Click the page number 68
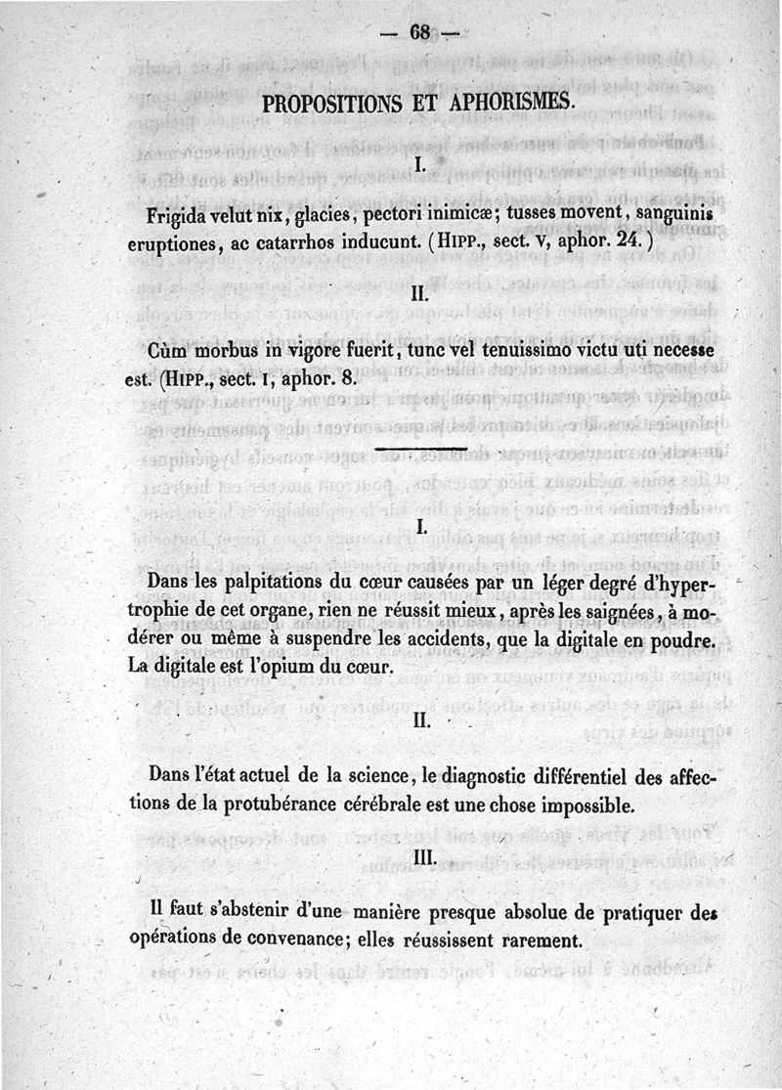pos(420,33)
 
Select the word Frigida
pos(179,215)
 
